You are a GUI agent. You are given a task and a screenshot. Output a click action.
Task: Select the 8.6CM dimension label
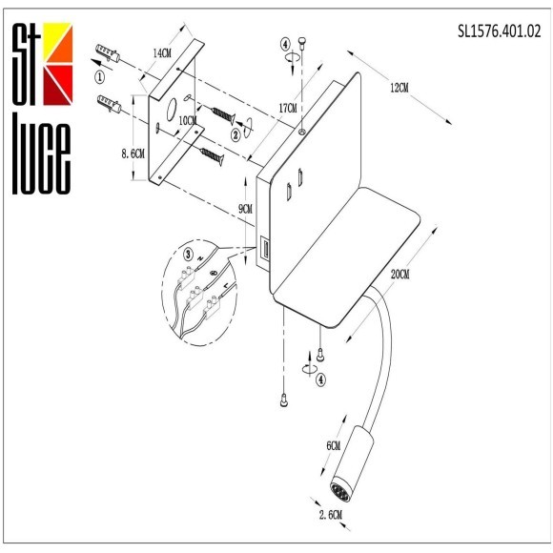[x=132, y=154]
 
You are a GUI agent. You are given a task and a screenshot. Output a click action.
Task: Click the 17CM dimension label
[x=287, y=96]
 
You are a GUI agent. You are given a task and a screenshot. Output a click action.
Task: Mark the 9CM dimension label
[x=245, y=209]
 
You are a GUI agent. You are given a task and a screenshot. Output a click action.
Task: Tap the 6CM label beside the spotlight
[x=333, y=446]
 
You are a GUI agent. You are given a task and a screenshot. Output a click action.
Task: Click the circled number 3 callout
[x=189, y=254]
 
